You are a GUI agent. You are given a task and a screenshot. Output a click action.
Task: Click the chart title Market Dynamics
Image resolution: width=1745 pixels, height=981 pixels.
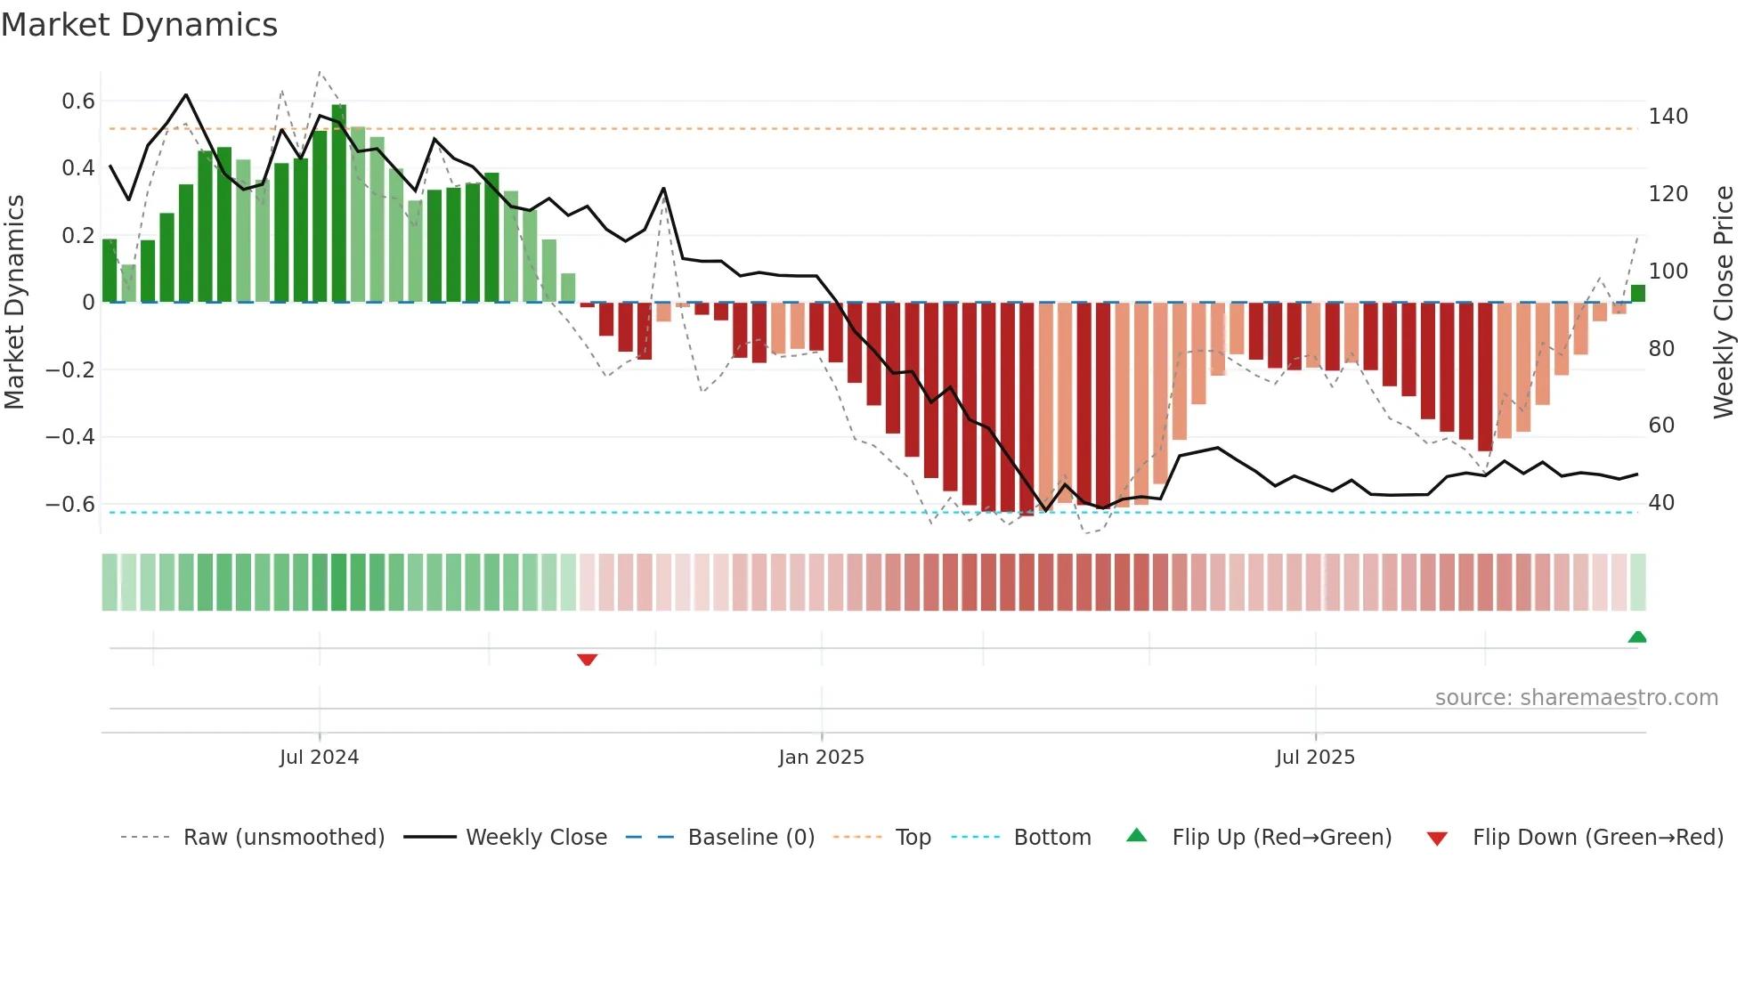[139, 25]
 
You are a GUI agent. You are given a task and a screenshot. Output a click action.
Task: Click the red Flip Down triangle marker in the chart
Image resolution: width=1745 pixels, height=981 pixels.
[587, 660]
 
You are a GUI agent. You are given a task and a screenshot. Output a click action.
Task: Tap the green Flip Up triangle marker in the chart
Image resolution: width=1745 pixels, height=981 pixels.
[1636, 636]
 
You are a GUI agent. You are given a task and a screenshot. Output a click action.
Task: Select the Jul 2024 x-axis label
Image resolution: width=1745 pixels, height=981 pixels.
[319, 758]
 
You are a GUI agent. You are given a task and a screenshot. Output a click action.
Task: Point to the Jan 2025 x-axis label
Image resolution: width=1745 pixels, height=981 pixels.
[821, 758]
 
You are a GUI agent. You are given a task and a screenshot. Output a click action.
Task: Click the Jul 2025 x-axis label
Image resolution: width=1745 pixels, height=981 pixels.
[1315, 758]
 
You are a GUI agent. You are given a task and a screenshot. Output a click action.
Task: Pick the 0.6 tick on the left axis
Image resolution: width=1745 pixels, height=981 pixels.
[78, 101]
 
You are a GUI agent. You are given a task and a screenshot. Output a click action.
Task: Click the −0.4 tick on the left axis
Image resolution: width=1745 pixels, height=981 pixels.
[70, 437]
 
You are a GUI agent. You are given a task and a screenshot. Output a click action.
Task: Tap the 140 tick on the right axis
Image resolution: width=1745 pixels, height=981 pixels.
[1668, 117]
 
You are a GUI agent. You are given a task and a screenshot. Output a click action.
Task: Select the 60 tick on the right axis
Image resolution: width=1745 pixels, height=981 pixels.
[1661, 426]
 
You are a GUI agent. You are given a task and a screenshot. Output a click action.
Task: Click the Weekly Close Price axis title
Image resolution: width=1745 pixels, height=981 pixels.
[1724, 303]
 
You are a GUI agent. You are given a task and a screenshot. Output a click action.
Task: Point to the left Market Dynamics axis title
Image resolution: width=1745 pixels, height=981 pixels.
[14, 303]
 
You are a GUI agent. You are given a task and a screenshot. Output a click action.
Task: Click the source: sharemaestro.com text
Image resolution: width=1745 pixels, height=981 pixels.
[1576, 698]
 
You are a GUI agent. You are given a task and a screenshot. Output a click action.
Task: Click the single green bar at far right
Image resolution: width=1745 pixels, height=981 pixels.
[1637, 294]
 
